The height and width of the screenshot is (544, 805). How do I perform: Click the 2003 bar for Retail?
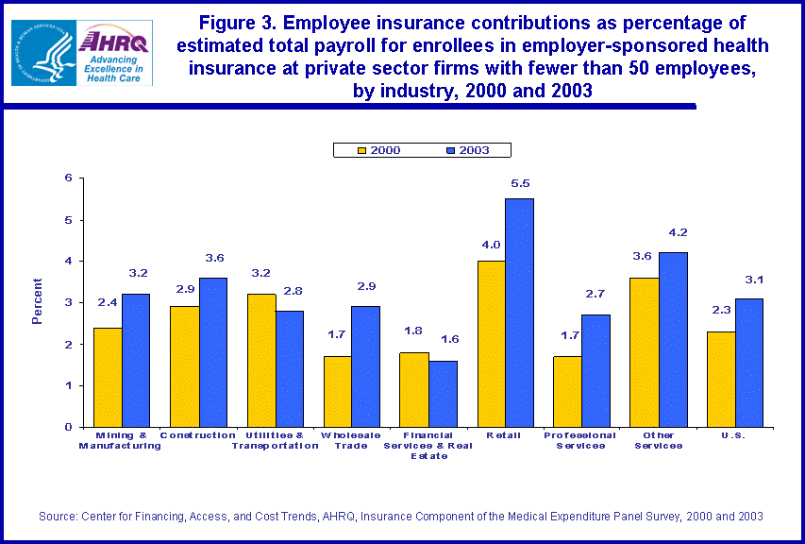(x=519, y=312)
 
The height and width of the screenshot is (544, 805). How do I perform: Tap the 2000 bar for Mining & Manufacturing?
(x=108, y=377)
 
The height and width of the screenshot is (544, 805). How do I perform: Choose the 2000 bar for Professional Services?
(x=567, y=391)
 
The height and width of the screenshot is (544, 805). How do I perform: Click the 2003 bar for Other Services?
(x=673, y=339)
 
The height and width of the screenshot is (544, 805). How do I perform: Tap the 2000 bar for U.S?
(x=720, y=379)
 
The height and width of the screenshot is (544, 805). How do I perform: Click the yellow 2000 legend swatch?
(x=359, y=150)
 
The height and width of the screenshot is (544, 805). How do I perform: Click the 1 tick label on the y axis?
(x=68, y=385)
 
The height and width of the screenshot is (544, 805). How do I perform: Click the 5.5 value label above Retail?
(x=520, y=183)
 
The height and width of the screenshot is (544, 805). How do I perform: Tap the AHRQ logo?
(x=114, y=53)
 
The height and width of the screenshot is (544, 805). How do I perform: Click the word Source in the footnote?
(x=57, y=516)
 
